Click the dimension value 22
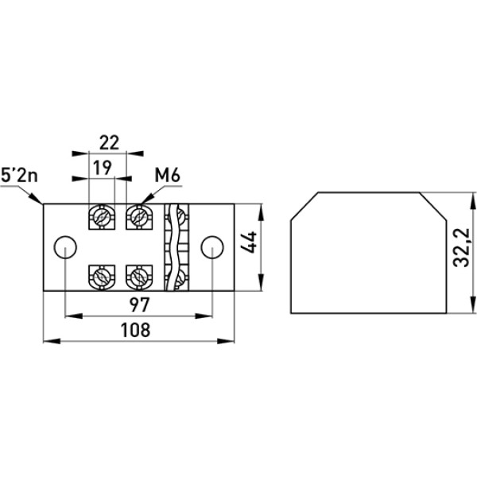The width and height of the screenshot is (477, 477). click(x=109, y=142)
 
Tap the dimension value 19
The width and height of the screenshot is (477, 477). click(x=100, y=168)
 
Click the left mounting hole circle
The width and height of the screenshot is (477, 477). click(x=64, y=247)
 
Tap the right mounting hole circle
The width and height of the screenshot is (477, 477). click(x=211, y=247)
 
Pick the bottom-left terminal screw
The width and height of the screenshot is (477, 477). click(x=102, y=277)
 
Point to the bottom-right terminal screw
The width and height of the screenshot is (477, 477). click(x=138, y=277)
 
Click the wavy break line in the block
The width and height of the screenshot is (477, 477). click(x=169, y=246)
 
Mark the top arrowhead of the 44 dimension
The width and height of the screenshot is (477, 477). click(x=258, y=207)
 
